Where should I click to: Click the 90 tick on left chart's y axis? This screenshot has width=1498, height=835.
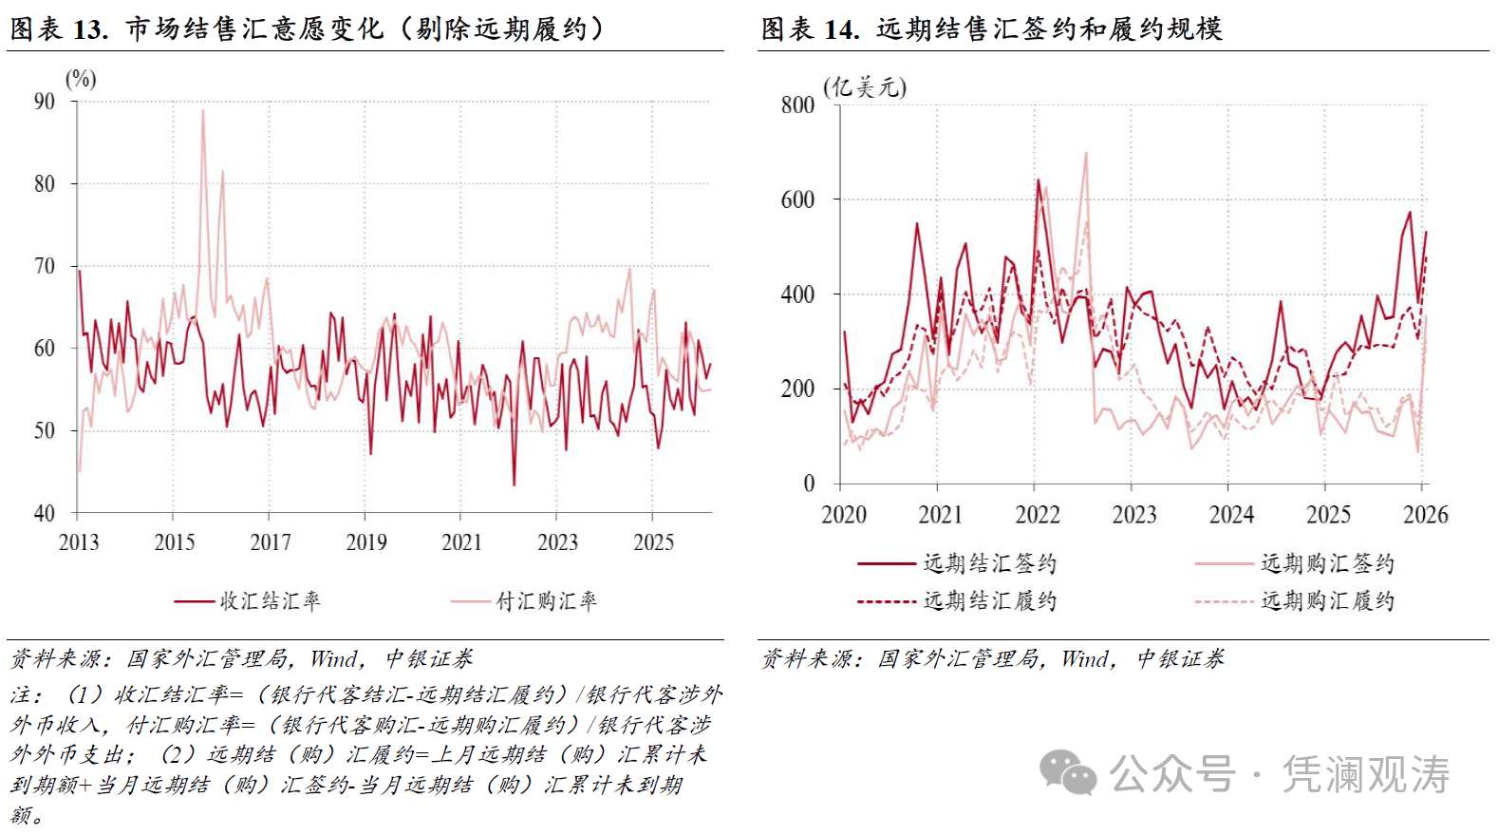tap(45, 102)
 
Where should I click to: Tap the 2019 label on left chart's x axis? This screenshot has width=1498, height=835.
tap(365, 542)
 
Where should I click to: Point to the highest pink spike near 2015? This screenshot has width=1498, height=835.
tap(202, 111)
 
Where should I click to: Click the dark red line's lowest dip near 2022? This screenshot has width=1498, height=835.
tap(514, 484)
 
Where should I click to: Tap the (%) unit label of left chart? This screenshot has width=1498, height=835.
tap(81, 79)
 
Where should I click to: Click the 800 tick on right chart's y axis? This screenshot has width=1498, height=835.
tap(797, 105)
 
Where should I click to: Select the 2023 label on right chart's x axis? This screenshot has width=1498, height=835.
tap(1133, 515)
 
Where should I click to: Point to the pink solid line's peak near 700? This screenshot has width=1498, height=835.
tap(1086, 154)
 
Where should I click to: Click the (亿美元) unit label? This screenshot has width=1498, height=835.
tap(864, 87)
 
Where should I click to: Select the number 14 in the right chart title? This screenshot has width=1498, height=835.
tap(840, 29)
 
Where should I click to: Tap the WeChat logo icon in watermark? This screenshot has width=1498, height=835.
tap(1068, 772)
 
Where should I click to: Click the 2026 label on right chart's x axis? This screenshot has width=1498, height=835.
tap(1425, 515)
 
